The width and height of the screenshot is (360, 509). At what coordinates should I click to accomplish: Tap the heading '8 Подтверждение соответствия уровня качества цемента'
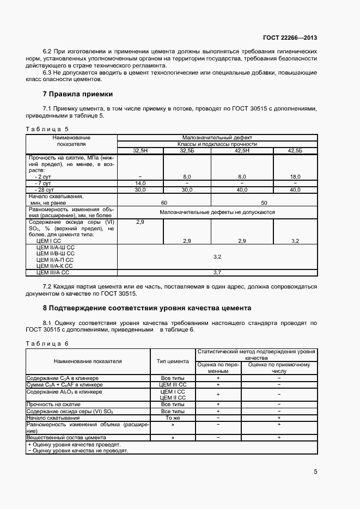click(x=147, y=308)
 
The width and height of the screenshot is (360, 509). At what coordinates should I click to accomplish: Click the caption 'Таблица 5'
click(x=47, y=129)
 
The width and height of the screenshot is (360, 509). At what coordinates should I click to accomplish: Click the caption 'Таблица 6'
click(x=47, y=344)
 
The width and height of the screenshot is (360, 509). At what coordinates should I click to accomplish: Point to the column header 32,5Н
click(x=141, y=151)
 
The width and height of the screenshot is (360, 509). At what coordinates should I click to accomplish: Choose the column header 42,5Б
click(x=295, y=151)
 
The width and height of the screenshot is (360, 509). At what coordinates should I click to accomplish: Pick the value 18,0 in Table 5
click(x=295, y=177)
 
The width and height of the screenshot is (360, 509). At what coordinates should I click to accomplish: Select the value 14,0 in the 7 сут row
click(x=141, y=183)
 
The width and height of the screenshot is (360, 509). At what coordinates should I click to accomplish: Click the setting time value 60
click(x=164, y=202)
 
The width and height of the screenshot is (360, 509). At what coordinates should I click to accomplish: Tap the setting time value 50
click(x=264, y=202)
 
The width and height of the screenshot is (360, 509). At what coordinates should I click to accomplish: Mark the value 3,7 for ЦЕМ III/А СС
click(x=217, y=272)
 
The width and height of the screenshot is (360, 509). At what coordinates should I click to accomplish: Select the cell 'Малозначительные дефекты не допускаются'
click(x=217, y=212)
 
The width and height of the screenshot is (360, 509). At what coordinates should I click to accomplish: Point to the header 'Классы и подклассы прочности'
click(x=217, y=144)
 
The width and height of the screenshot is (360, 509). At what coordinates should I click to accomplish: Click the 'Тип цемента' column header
click(x=173, y=361)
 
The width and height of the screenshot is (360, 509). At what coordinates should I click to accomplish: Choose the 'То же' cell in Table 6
click(x=173, y=418)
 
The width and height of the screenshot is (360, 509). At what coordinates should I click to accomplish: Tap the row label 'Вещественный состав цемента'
click(x=66, y=437)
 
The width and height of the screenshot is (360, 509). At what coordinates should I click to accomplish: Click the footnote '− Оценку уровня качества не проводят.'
click(x=77, y=451)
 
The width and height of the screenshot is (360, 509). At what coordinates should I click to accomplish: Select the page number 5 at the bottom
click(x=315, y=471)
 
